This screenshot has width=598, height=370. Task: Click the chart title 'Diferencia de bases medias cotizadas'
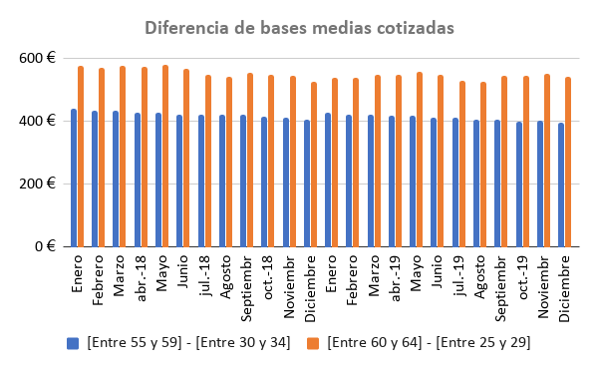[299, 28]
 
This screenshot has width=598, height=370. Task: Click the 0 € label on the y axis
[43, 246]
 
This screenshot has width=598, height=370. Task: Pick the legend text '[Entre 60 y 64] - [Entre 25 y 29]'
[429, 342]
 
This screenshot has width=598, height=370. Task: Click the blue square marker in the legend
[73, 342]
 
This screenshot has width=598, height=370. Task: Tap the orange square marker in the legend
[313, 342]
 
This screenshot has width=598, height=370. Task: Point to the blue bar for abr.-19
[393, 181]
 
